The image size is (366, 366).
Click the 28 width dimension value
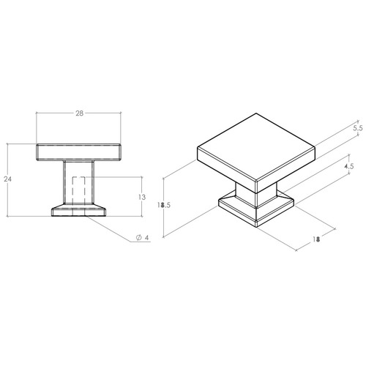coord(78,113)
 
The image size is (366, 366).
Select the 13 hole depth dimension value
coord(141,196)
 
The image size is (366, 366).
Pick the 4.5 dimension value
coord(349,167)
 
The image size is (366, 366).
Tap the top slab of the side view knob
coord(78,152)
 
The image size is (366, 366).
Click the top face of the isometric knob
coord(256,146)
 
